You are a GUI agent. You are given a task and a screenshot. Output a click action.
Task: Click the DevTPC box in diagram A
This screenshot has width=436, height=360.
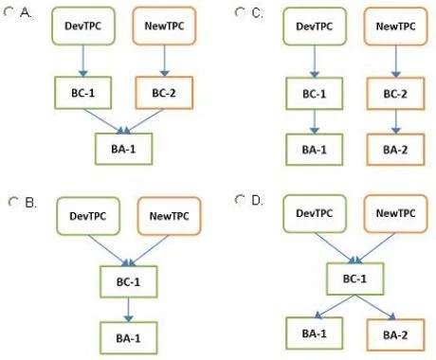(x=80, y=27)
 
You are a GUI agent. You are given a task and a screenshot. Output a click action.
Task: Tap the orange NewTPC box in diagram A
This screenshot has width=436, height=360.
(x=164, y=27)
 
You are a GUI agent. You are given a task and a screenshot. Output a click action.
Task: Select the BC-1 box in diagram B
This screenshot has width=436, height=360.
(x=128, y=282)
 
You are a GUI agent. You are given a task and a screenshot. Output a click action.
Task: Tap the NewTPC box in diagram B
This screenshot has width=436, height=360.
(x=169, y=217)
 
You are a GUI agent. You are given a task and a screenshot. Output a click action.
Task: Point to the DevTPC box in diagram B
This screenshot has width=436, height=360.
(x=86, y=217)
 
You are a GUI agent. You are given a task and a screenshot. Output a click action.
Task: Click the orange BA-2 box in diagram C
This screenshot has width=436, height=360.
(x=394, y=150)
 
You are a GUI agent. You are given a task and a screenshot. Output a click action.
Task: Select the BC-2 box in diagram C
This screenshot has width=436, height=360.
(x=394, y=95)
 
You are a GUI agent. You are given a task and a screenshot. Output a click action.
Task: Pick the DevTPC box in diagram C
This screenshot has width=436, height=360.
(x=314, y=28)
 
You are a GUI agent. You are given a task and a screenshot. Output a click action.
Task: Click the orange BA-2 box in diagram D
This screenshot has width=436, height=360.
(x=395, y=333)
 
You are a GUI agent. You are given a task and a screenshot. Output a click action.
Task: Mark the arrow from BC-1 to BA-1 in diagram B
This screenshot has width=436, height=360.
(x=128, y=310)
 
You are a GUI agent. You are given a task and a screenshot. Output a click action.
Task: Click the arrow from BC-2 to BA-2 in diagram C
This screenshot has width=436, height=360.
(x=394, y=122)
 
